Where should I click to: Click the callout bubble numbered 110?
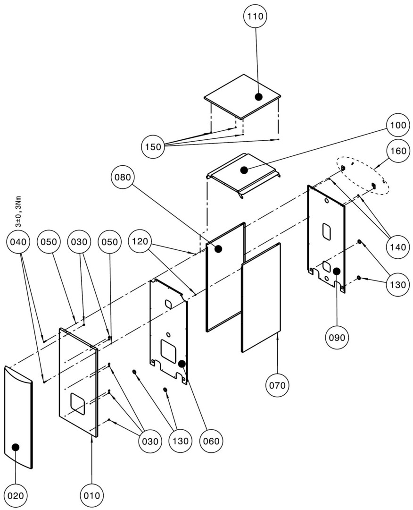(x=256, y=17)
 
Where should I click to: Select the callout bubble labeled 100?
(x=397, y=127)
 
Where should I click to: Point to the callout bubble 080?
(x=124, y=177)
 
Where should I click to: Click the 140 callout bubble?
(x=397, y=246)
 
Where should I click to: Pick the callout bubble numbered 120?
(x=140, y=242)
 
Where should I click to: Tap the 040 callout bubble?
(x=18, y=242)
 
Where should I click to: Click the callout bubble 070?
(x=277, y=385)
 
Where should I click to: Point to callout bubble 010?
(x=91, y=495)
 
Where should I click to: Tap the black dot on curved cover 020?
(x=16, y=447)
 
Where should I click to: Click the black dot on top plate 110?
(x=258, y=97)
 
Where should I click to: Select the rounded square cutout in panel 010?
(x=78, y=404)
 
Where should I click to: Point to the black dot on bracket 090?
(x=337, y=271)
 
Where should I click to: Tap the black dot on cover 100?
(x=244, y=170)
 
